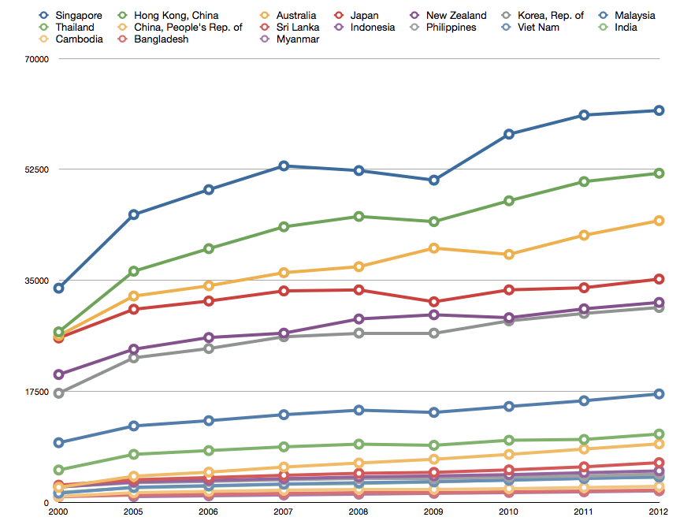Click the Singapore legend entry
pyautogui.click(x=71, y=16)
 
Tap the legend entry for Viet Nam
pyautogui.click(x=530, y=28)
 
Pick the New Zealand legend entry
pyautogui.click(x=448, y=16)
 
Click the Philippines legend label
pyautogui.click(x=443, y=28)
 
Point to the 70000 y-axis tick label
pyautogui.click(x=37, y=59)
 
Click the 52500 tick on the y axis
pyautogui.click(x=37, y=169)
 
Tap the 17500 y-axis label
pyautogui.click(x=37, y=392)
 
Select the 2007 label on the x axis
pyautogui.click(x=283, y=512)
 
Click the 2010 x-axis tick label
pyautogui.click(x=508, y=512)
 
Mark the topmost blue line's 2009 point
pyautogui.click(x=433, y=180)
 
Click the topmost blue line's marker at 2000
pyautogui.click(x=58, y=288)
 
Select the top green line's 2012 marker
pyautogui.click(x=659, y=173)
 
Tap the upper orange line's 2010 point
pyautogui.click(x=509, y=255)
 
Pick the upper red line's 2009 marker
pyautogui.click(x=433, y=302)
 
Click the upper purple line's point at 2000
pyautogui.click(x=58, y=374)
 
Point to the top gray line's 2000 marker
pyautogui.click(x=58, y=393)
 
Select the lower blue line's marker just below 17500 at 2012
pyautogui.click(x=659, y=394)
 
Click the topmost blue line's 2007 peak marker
pyautogui.click(x=284, y=166)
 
